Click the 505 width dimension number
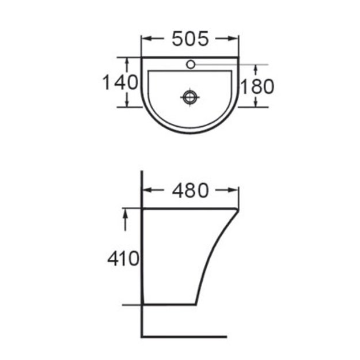coord(190,39)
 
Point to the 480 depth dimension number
coord(190,190)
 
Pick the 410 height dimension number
coord(123,259)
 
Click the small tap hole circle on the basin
coord(191,65)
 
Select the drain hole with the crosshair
coord(190,97)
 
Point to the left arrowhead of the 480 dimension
coord(146,190)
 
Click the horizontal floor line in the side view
coord(184,336)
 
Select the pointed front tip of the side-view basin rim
coord(238,209)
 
